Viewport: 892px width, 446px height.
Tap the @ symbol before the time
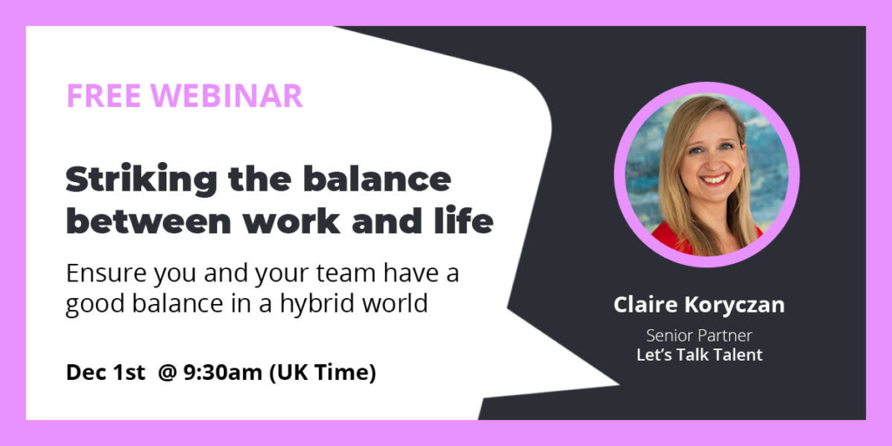166,374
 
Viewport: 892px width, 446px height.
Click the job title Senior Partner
699,334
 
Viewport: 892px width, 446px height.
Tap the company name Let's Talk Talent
699,354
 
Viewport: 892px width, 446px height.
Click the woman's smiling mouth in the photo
713,180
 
